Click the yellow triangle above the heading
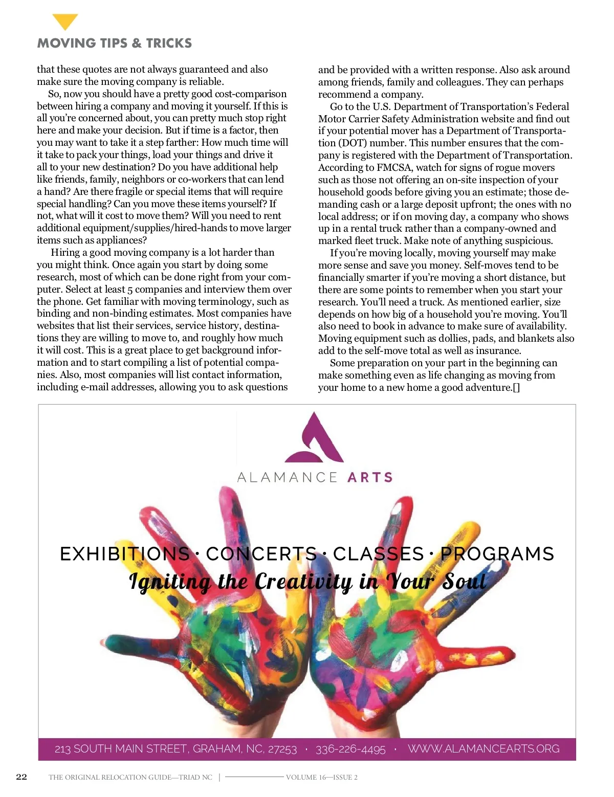(x=65, y=21)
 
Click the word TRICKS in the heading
(x=169, y=43)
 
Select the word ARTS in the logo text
(x=370, y=478)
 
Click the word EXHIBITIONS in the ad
(x=125, y=554)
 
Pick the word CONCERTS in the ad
(x=261, y=554)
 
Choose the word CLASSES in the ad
(x=378, y=554)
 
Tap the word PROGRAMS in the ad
(x=497, y=554)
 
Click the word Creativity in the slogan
(x=303, y=582)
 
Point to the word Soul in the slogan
(x=464, y=582)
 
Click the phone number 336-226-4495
(x=350, y=749)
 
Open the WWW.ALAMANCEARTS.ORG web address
(x=484, y=749)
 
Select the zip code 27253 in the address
(x=282, y=749)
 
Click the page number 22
(x=21, y=777)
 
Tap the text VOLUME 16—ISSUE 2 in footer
(x=321, y=778)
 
